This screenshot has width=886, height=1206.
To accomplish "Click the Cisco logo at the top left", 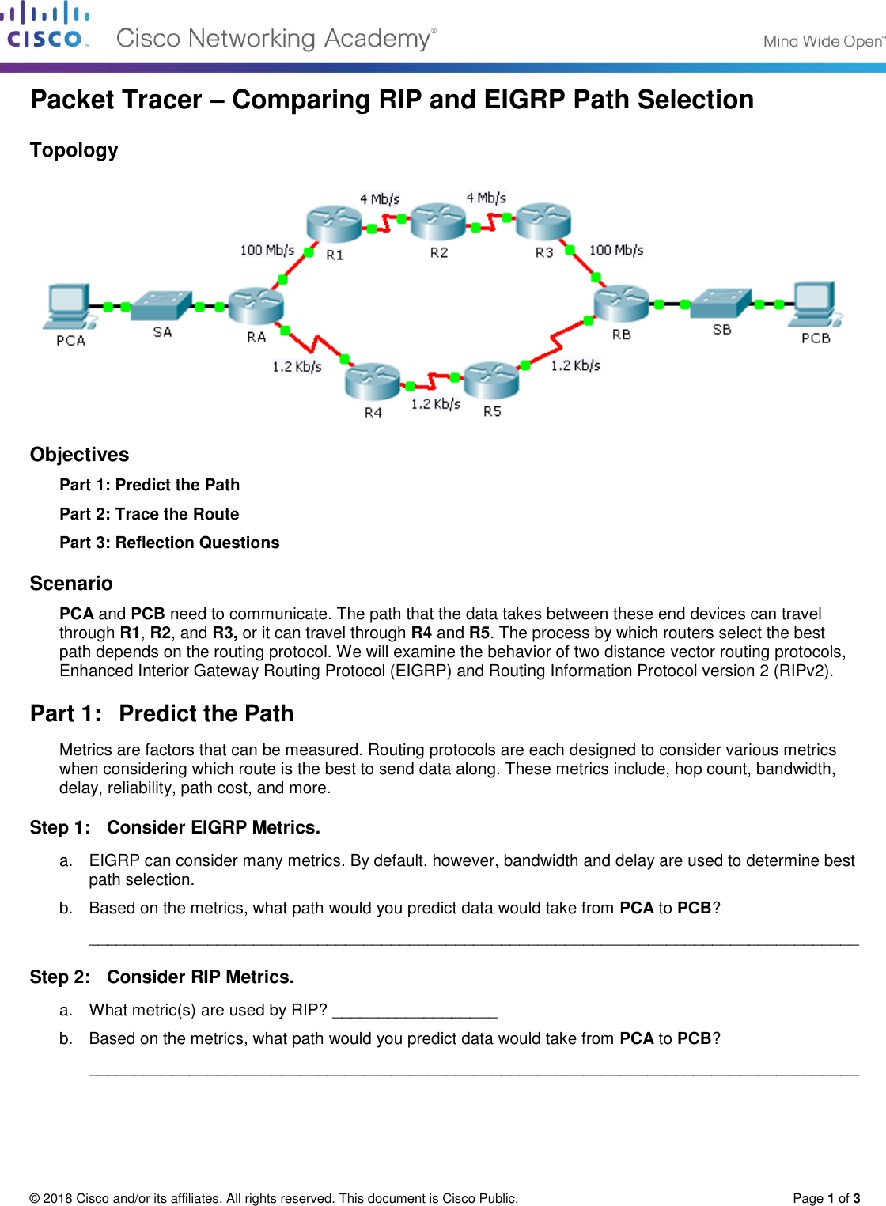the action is click(x=45, y=25).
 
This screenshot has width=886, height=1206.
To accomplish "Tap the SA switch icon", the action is click(x=162, y=305).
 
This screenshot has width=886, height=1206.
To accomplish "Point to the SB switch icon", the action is click(x=721, y=303).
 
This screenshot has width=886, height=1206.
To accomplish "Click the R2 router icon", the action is click(x=438, y=222).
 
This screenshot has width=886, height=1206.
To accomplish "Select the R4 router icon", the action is click(x=373, y=382).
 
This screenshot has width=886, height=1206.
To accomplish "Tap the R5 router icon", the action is click(x=491, y=381).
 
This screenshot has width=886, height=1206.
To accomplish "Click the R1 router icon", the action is click(x=334, y=224).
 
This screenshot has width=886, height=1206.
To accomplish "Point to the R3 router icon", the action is click(x=543, y=221).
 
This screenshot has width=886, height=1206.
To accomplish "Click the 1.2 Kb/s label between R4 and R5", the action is click(x=435, y=404).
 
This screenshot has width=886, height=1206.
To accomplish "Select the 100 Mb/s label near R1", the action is click(x=267, y=250).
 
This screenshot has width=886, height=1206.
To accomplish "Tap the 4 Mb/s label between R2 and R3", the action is click(x=486, y=198).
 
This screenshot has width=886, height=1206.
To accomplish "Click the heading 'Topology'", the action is click(x=74, y=150).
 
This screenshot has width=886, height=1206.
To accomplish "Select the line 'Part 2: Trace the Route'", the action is click(x=150, y=514).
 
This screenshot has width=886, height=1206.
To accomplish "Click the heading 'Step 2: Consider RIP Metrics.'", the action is click(x=161, y=977).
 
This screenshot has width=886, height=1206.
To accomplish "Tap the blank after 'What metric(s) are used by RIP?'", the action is click(x=415, y=1011).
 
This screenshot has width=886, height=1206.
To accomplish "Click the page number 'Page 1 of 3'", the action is click(x=826, y=1198).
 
